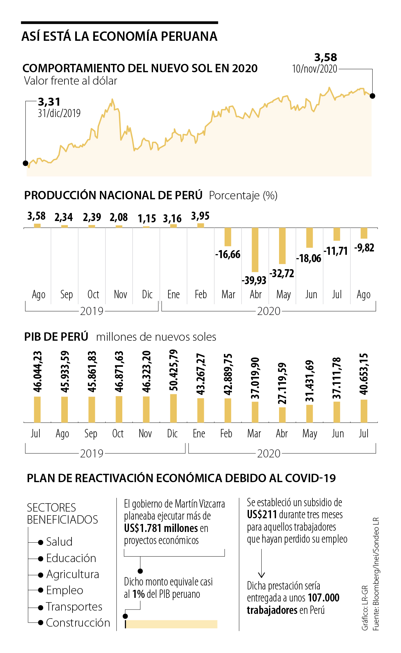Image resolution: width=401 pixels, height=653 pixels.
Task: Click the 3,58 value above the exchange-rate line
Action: [x=326, y=57]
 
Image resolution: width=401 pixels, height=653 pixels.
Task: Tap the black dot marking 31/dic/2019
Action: [x=25, y=163]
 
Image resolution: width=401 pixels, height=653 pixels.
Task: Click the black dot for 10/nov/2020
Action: [x=373, y=96]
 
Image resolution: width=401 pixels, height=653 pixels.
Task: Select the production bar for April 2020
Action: [x=255, y=249]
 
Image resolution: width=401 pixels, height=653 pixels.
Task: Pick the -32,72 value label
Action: [x=282, y=274]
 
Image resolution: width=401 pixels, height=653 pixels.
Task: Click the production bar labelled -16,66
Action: [x=228, y=237]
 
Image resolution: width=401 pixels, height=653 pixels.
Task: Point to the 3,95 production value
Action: [x=200, y=216]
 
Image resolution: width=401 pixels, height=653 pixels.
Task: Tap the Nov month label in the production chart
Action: [x=120, y=295]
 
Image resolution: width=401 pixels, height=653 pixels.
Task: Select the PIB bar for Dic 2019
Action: [x=173, y=408]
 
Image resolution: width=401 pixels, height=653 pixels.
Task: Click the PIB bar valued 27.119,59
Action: [x=282, y=415]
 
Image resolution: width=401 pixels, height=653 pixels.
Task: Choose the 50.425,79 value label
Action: [x=173, y=370]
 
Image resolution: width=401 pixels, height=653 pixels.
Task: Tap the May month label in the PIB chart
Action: [x=310, y=434]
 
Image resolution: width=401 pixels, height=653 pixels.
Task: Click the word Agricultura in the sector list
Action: [x=73, y=574]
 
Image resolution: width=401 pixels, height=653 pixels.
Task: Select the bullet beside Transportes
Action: [x=41, y=607]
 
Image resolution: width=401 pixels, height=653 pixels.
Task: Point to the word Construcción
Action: [x=78, y=623]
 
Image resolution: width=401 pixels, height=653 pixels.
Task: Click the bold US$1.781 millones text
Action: [x=161, y=528]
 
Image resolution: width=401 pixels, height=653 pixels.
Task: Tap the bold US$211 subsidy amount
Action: [x=262, y=515]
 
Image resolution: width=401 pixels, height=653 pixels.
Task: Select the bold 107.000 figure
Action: [x=323, y=598]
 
